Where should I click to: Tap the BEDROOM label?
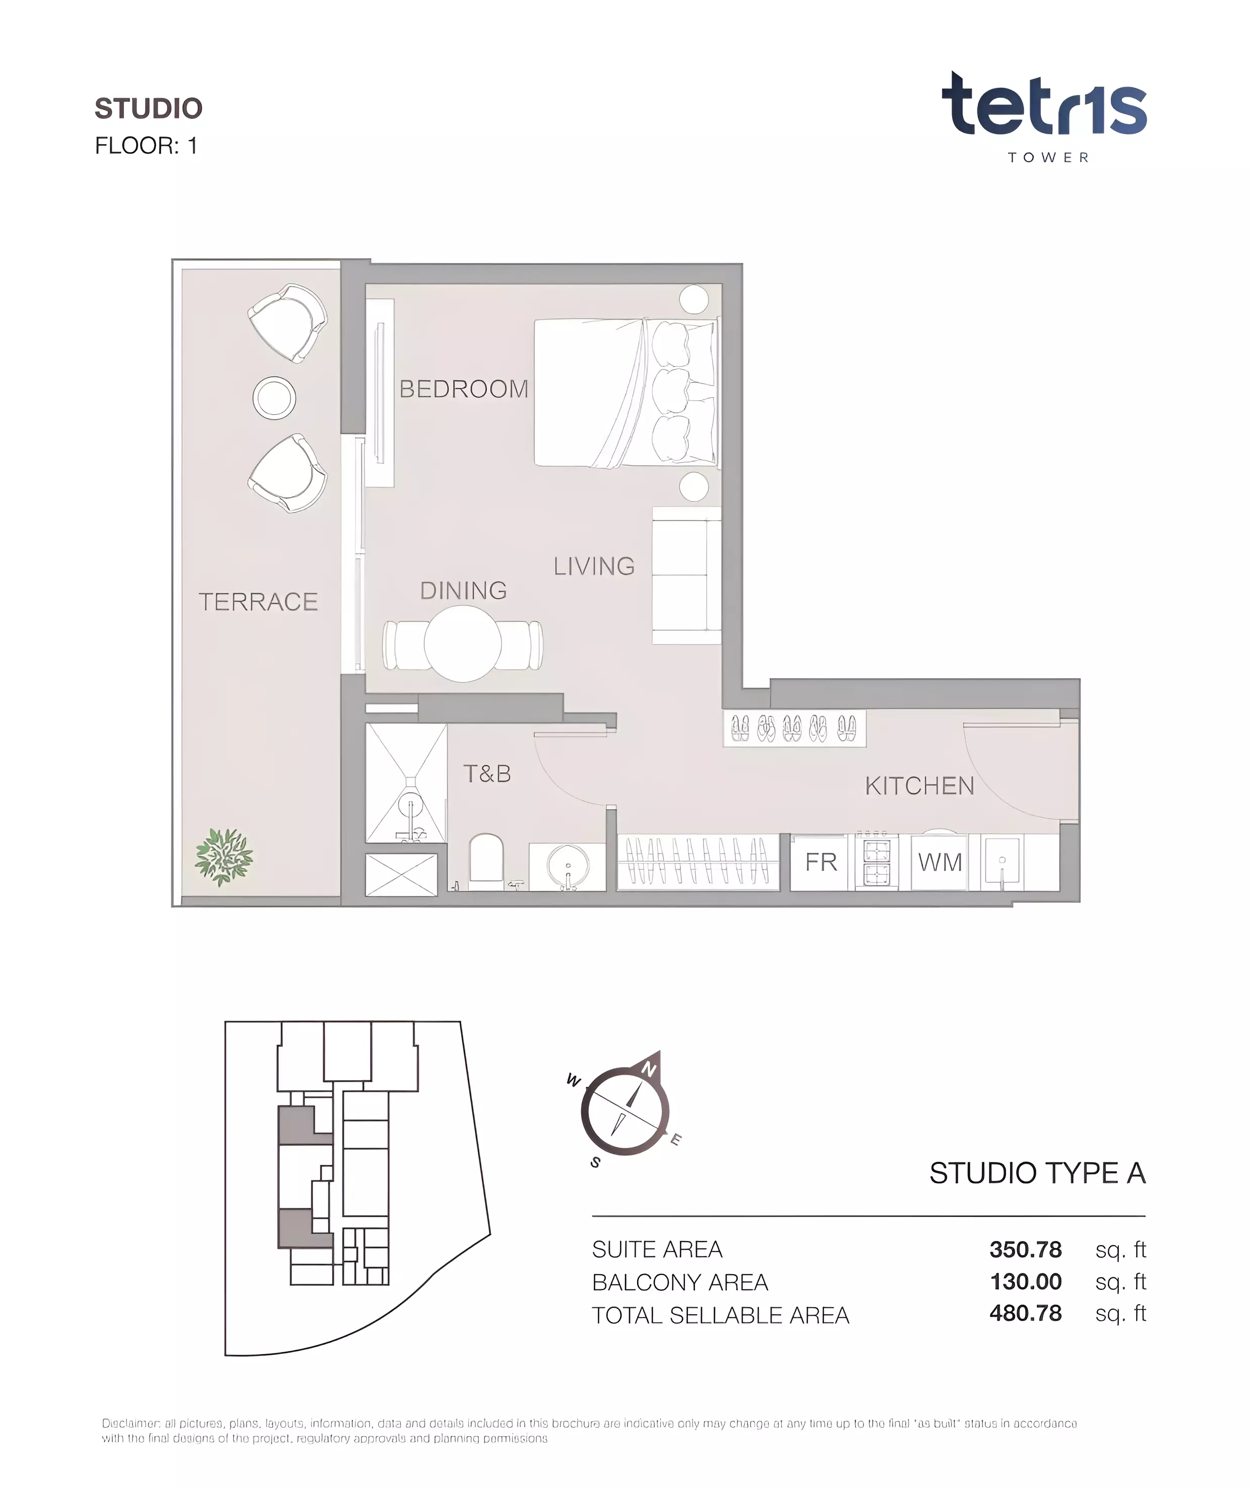tap(464, 389)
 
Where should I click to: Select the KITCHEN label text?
tap(920, 786)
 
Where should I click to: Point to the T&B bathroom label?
tap(487, 774)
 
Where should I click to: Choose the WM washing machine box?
tap(940, 862)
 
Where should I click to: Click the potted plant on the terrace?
tap(224, 857)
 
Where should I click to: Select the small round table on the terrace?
tap(274, 398)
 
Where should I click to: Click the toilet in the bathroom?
tap(486, 861)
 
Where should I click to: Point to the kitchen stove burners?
tap(877, 861)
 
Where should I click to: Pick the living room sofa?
tap(686, 575)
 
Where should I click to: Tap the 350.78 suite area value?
tap(1025, 1249)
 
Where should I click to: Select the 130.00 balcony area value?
tap(1025, 1282)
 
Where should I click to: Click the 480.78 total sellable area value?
tap(1025, 1314)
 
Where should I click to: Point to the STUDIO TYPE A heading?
tap(1037, 1173)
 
